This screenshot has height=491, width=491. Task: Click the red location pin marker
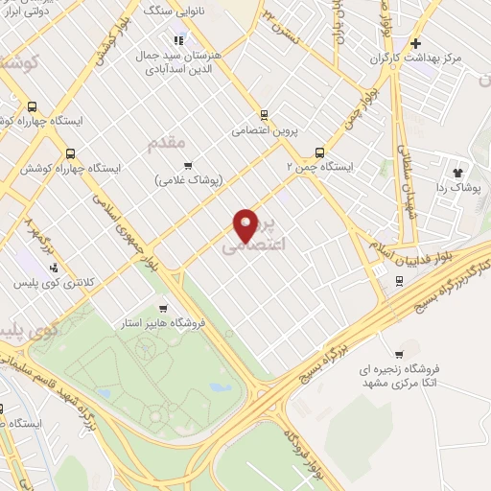[x=247, y=226]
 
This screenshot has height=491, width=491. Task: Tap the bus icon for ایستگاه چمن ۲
[x=320, y=151]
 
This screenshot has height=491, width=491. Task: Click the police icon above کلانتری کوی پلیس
[x=54, y=269]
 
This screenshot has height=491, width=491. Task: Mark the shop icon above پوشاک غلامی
[x=188, y=165]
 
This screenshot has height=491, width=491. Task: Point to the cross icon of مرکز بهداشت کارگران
[x=414, y=43]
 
